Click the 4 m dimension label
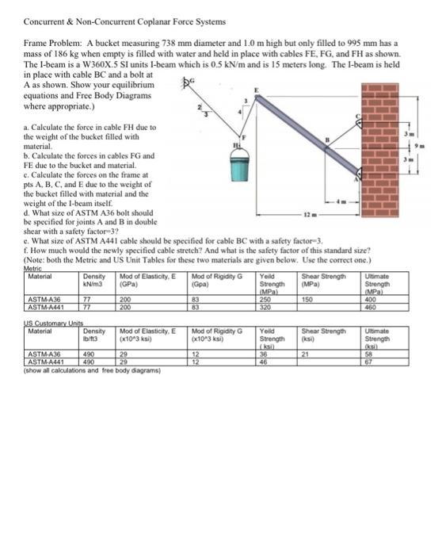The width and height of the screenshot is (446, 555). click(341, 203)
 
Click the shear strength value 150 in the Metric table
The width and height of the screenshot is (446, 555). click(307, 300)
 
